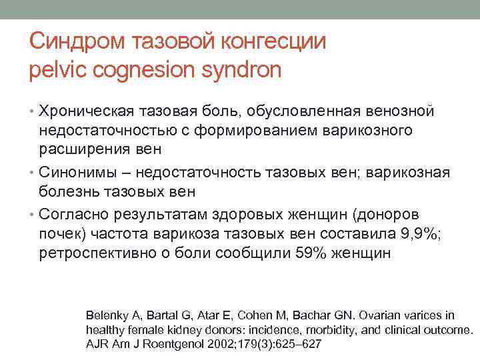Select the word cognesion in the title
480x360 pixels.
point(147,69)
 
